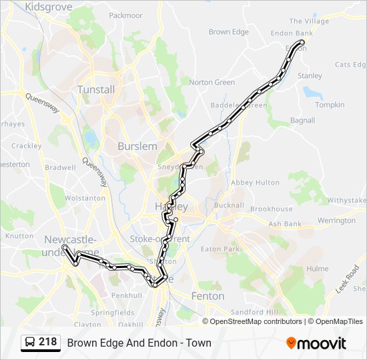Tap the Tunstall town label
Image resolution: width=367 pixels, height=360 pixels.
point(96,89)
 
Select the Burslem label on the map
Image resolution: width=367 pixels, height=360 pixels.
point(137,146)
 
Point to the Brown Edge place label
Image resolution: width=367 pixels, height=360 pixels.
point(228,32)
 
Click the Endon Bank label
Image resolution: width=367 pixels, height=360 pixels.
point(291,33)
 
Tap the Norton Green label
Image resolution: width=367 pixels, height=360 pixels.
point(212,83)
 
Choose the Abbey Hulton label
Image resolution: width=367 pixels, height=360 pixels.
point(255,183)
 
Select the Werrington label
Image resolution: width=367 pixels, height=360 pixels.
point(336,221)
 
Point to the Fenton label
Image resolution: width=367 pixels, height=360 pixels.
point(208,295)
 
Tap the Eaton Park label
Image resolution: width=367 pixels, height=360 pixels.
point(220,249)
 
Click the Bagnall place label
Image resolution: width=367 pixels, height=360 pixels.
point(302,121)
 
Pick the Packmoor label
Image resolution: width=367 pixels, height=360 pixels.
point(125,15)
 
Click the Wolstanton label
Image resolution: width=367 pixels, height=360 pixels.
point(85,198)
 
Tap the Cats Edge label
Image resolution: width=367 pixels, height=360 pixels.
point(350,65)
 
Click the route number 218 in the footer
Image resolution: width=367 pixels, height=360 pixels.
point(47,342)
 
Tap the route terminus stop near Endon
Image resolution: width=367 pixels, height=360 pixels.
point(302,43)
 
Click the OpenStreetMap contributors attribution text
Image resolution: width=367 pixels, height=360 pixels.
point(255,321)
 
